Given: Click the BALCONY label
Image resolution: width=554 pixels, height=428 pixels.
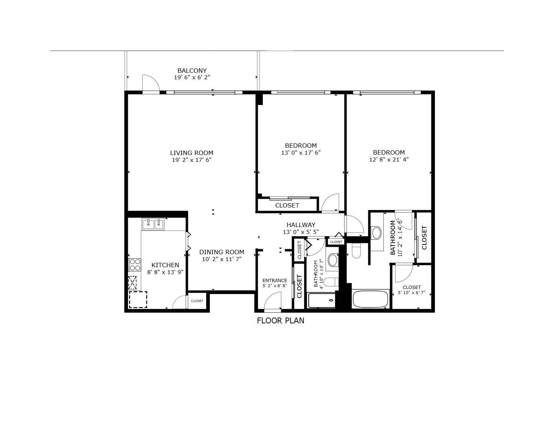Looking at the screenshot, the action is click(x=192, y=70).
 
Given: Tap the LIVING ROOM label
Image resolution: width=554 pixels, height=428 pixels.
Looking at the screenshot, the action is click(x=192, y=153).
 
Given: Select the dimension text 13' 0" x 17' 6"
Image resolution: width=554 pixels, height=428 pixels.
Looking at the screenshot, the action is click(x=301, y=152).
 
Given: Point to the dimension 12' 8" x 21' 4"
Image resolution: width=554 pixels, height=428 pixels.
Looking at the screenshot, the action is click(x=389, y=159).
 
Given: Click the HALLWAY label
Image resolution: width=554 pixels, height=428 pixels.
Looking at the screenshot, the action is click(x=301, y=225).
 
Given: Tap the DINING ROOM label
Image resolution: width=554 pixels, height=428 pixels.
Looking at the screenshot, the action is click(x=221, y=252).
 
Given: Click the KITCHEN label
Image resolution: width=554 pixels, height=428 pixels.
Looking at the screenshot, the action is click(x=165, y=265).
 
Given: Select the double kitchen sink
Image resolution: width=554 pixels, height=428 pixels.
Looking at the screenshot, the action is click(x=153, y=224).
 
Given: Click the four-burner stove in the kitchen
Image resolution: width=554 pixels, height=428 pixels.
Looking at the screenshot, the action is click(x=135, y=264).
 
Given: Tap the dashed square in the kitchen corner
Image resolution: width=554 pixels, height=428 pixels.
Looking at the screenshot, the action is click(x=138, y=299).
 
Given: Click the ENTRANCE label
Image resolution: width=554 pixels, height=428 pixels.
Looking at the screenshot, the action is click(x=275, y=280).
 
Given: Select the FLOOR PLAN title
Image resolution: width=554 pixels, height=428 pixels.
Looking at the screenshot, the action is click(x=280, y=320).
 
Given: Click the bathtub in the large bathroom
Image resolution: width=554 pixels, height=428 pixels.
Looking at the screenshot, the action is click(x=371, y=299).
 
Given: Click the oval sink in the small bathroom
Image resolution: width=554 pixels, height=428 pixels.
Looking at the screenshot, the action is click(x=333, y=260).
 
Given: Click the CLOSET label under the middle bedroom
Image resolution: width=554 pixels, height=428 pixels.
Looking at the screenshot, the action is click(x=287, y=205).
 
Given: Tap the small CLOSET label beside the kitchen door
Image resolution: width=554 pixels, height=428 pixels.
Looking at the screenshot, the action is click(x=197, y=301).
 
